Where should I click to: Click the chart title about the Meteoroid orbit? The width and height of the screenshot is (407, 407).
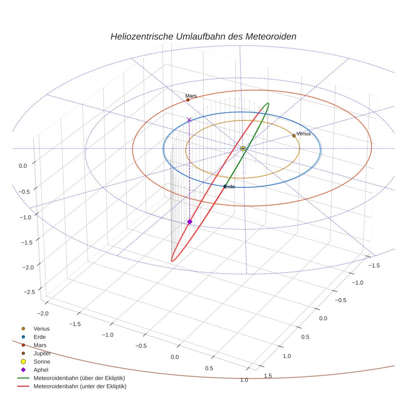point(203,36)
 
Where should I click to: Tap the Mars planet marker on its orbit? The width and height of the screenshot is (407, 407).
point(188,100)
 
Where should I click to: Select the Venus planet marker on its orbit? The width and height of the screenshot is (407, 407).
point(294,136)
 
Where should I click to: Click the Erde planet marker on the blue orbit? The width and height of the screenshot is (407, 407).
point(225,186)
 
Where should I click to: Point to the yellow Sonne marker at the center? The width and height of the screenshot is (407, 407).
point(243,148)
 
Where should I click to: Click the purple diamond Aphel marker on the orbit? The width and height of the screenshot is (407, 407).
point(189,222)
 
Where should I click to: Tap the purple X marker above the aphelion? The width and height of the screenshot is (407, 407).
point(189,120)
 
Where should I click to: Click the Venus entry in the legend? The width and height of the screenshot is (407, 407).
point(41,328)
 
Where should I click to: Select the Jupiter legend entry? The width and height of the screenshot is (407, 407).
point(42,353)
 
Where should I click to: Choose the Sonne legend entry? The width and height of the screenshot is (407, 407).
point(42,362)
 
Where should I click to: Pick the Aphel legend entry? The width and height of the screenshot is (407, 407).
point(41,370)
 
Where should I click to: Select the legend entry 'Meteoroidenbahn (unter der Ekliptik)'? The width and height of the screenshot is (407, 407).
point(80,386)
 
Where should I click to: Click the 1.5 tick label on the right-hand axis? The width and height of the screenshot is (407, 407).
point(269,375)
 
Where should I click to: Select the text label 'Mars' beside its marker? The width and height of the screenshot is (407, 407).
point(191,96)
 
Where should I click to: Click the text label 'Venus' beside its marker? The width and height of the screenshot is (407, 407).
point(304,134)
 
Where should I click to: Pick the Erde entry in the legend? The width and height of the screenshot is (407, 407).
point(40,337)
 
